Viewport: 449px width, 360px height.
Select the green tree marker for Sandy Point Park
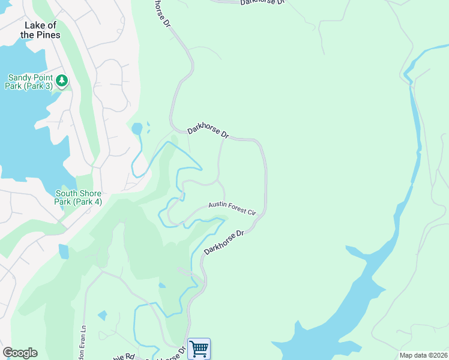coord(61,80)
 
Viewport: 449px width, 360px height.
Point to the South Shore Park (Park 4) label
coord(78,197)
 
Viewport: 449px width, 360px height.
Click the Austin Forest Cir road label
coord(232,208)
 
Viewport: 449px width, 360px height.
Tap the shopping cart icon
coord(199,349)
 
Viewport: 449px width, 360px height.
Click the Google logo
coord(20,353)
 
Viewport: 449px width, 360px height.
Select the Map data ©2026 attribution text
coord(423,355)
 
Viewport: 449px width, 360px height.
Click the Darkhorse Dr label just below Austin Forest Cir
coord(225,242)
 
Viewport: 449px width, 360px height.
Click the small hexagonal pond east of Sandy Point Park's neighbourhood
coord(137,128)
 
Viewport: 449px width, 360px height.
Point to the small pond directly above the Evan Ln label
coord(102,315)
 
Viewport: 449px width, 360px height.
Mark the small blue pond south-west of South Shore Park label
coord(64,251)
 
